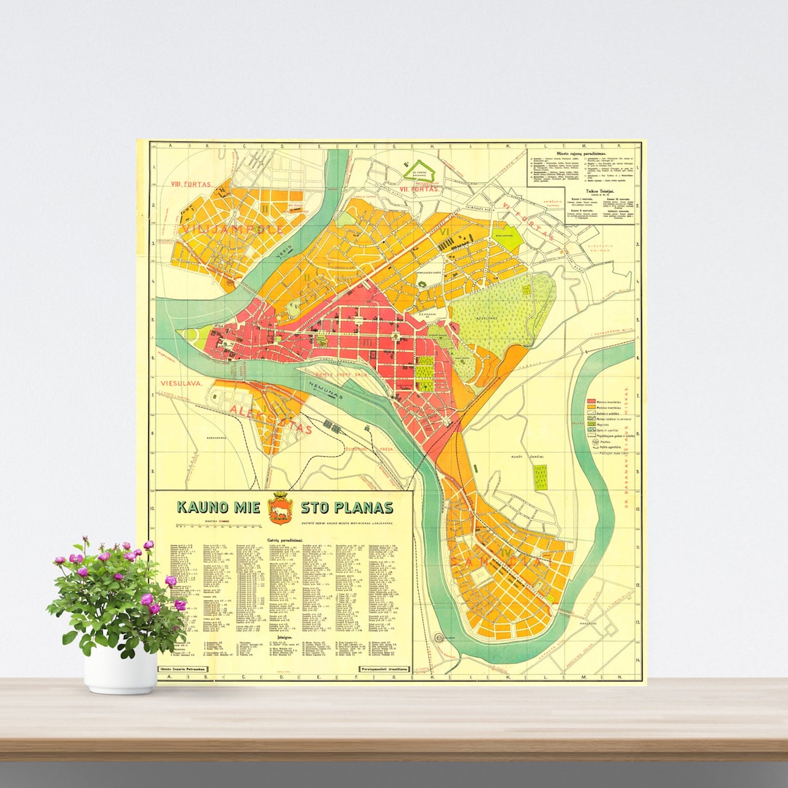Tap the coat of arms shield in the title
coord(279,509)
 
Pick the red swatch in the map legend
coord(593,402)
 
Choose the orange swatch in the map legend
coord(593,409)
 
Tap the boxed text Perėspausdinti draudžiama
coord(385,668)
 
